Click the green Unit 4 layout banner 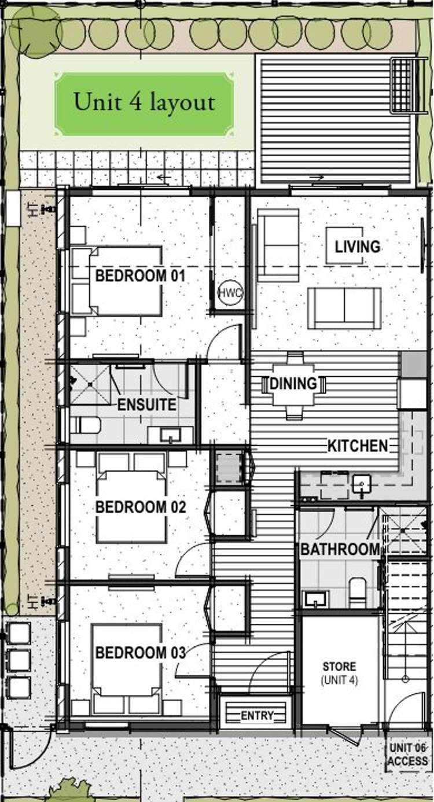point(144,104)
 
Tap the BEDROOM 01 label point(140,276)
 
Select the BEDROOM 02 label point(140,507)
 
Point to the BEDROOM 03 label point(140,653)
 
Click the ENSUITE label point(146,404)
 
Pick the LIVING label point(358,247)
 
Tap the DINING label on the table point(293,383)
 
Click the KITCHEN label point(357,446)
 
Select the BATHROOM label point(340,549)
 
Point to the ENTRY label point(257,716)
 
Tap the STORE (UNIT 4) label point(339,674)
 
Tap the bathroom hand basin point(316,598)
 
